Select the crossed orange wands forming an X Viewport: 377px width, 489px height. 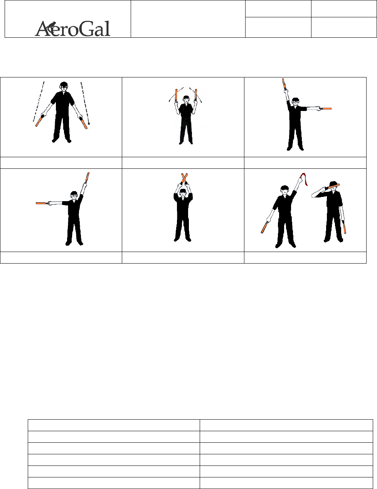(x=184, y=178)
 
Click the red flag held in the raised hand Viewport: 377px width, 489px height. (x=304, y=179)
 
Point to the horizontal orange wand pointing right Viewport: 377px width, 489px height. (x=326, y=109)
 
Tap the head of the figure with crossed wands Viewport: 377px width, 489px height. (x=183, y=193)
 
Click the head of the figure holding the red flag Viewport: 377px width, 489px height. (x=285, y=190)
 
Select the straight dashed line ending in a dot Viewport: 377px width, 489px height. (x=85, y=103)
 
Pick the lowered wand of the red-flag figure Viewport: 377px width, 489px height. (x=265, y=227)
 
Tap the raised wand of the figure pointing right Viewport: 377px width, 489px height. (x=284, y=84)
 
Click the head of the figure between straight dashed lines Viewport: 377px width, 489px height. (x=64, y=87)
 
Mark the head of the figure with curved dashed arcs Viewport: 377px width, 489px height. (x=186, y=99)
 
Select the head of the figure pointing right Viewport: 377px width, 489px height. (x=296, y=103)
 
